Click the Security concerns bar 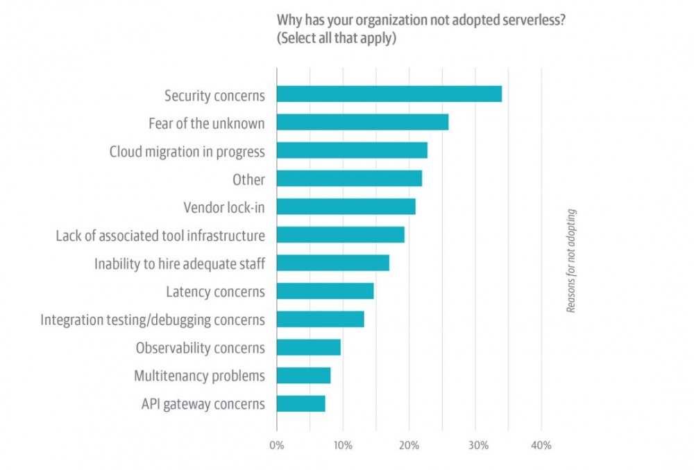click(x=389, y=94)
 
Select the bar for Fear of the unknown click(x=362, y=123)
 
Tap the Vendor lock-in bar click(x=346, y=207)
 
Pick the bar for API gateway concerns click(x=301, y=403)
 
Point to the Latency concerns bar click(x=325, y=291)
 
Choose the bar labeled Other click(x=349, y=179)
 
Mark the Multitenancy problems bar click(x=303, y=376)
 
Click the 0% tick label click(x=276, y=445)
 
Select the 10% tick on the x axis click(x=342, y=445)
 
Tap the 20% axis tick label click(x=409, y=445)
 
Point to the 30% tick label click(x=475, y=445)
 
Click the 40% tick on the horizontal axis click(x=541, y=445)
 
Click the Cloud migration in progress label click(x=187, y=151)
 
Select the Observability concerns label click(x=201, y=347)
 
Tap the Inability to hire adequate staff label click(x=180, y=263)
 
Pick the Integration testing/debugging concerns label click(x=153, y=320)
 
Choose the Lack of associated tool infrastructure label click(x=160, y=236)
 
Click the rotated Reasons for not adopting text click(x=571, y=261)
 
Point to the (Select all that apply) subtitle click(x=337, y=38)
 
